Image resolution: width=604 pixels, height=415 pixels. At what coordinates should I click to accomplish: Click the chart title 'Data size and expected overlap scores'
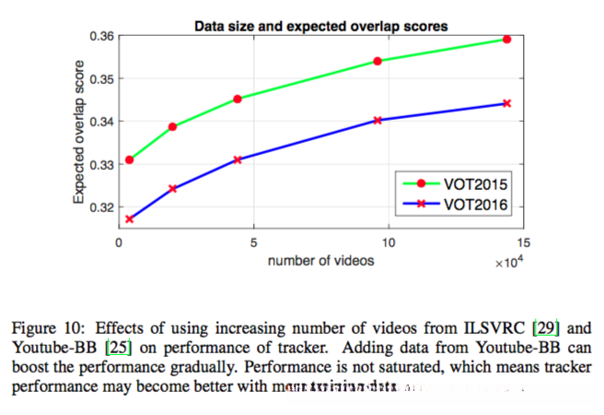click(x=321, y=26)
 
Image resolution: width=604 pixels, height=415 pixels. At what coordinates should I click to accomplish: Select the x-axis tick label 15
click(x=524, y=243)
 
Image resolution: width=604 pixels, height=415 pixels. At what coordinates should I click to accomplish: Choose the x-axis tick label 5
click(x=253, y=243)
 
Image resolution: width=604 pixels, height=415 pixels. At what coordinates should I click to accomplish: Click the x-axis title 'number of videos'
click(x=320, y=261)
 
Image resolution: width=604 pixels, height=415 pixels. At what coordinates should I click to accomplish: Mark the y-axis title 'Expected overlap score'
click(x=81, y=132)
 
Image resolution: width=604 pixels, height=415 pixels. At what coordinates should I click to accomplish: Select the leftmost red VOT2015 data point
click(x=130, y=160)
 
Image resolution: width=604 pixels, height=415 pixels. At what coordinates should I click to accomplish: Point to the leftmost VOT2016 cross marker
click(x=130, y=219)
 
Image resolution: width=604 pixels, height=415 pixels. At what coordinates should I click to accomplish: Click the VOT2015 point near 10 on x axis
click(x=377, y=61)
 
